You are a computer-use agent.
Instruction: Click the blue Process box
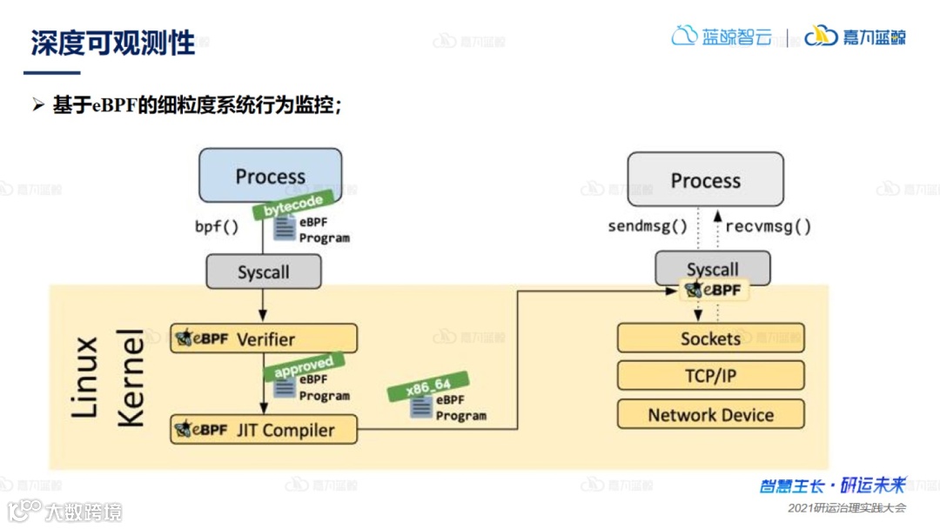pos(270,176)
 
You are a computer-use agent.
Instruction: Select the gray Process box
pos(705,180)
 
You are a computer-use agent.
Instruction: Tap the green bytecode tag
pos(293,204)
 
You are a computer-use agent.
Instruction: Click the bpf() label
pos(216,228)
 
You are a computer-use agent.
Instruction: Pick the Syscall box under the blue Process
pos(263,272)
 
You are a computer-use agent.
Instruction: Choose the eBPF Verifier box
pos(264,338)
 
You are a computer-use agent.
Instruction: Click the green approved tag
pos(304,365)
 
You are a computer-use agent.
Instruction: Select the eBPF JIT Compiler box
pos(264,430)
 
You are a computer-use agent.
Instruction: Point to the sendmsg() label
pos(648,227)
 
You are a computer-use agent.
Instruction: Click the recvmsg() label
pos(768,227)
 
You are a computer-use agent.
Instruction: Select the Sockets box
pos(710,338)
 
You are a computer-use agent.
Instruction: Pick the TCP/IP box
pos(710,376)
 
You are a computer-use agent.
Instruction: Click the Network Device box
pos(710,415)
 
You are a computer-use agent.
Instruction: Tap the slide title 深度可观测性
pos(113,44)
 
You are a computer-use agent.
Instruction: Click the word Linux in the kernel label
pos(84,376)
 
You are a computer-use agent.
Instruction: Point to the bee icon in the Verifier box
pos(183,338)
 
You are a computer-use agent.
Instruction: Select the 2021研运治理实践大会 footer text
pos(846,507)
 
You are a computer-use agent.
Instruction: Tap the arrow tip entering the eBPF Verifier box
pos(263,320)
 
